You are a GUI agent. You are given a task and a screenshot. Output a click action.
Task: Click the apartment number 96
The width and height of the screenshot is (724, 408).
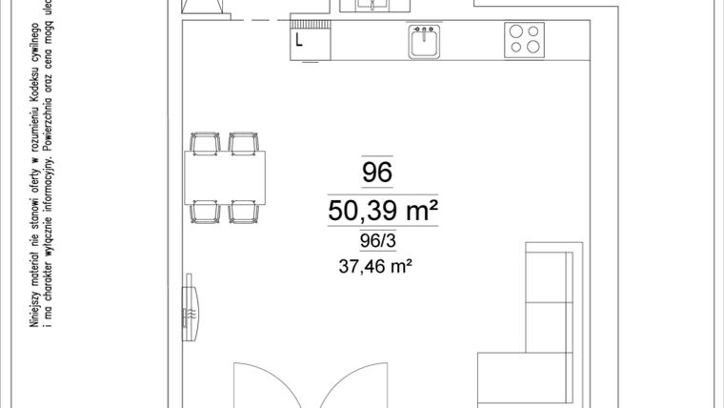point(377,173)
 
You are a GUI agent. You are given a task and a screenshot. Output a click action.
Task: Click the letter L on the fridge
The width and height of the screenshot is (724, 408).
point(299,40)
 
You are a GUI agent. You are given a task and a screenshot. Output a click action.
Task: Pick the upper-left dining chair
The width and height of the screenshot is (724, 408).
point(205,143)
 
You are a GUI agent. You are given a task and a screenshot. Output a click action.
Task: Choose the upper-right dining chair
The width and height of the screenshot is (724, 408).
point(244,143)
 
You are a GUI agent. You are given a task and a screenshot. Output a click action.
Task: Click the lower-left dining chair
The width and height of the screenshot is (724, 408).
point(205,210)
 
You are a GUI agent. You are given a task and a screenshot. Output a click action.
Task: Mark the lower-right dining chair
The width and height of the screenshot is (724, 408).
point(244,210)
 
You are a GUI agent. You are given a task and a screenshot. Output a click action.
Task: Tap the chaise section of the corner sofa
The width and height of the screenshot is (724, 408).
point(524,377)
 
